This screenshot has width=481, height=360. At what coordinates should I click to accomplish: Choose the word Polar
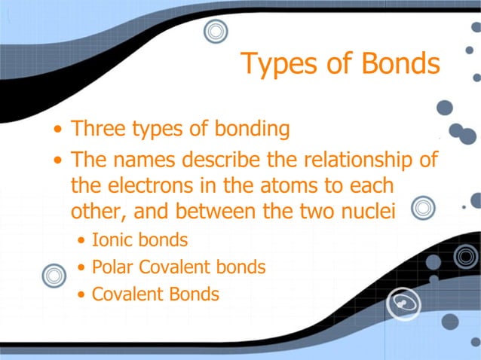click(x=113, y=267)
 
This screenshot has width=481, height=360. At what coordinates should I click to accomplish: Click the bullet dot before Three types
click(x=59, y=130)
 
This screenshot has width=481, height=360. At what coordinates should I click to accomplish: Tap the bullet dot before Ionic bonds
click(x=81, y=242)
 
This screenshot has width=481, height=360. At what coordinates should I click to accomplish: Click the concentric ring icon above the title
click(x=216, y=32)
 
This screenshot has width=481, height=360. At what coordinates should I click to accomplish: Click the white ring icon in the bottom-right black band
click(x=402, y=304)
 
